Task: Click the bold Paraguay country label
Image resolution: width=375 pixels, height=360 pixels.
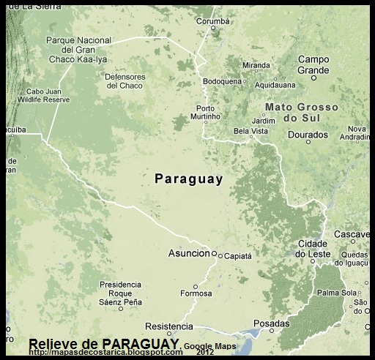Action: [189, 178]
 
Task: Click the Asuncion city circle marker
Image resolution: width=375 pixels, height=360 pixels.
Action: [215, 255]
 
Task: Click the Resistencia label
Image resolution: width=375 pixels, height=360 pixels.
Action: [169, 326]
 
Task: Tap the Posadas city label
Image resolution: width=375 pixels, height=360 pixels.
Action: [271, 323]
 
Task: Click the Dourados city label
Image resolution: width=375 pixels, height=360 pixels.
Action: [308, 135]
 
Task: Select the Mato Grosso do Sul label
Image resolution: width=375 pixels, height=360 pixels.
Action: [301, 112]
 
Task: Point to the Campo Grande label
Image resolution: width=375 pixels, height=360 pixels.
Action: [313, 65]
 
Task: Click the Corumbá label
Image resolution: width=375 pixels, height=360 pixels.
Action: [214, 21]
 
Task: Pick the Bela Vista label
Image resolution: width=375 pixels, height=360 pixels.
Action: [250, 131]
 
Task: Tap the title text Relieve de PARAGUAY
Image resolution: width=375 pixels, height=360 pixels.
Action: [103, 344]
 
